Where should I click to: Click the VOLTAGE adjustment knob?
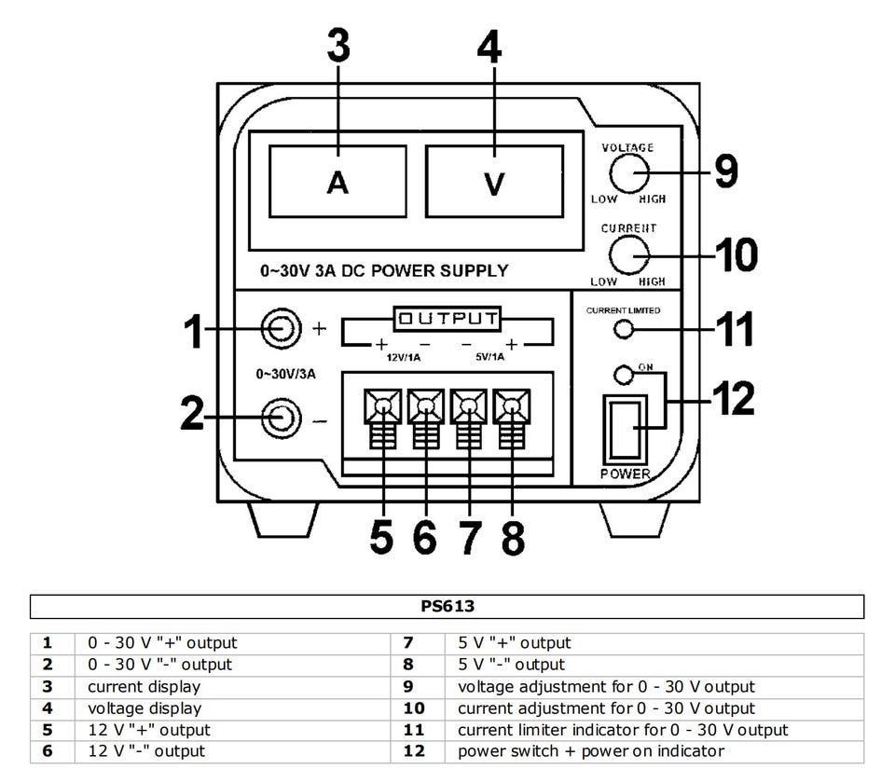(629, 172)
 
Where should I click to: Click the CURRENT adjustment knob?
(629, 254)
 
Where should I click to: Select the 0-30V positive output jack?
(281, 328)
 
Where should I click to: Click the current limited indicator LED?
(626, 329)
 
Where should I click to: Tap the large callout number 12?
(731, 398)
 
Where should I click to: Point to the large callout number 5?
(381, 537)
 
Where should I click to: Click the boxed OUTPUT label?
(446, 318)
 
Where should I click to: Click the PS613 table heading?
(447, 606)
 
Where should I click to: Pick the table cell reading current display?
(144, 687)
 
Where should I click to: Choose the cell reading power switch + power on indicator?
(590, 751)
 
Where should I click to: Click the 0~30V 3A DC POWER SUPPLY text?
(384, 271)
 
